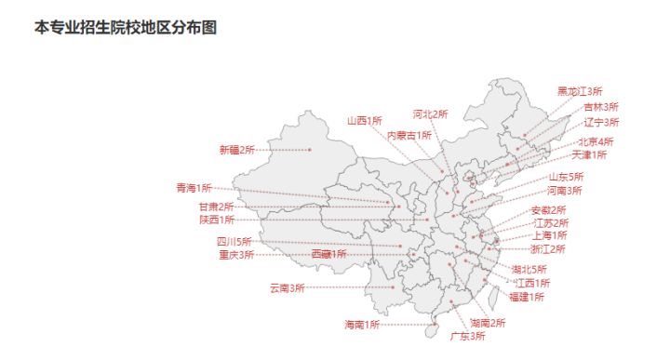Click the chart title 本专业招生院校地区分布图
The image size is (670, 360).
125,28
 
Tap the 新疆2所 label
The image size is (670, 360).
236,150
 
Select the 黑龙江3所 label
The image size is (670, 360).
580,91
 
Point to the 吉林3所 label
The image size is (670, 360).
601,107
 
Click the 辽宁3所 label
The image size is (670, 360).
601,122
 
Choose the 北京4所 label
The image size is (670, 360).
596,141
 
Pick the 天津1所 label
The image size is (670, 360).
589,154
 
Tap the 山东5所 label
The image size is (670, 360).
566,177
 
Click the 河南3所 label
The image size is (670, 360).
564,191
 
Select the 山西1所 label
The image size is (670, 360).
365,120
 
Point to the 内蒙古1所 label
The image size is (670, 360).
409,135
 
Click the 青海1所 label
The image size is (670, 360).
194,188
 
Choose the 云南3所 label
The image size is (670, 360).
287,288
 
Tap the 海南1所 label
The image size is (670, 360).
362,325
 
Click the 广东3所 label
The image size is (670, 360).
467,336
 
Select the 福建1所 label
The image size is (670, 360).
527,297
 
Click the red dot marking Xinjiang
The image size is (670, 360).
311,150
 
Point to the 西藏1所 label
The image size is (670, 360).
328,254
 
